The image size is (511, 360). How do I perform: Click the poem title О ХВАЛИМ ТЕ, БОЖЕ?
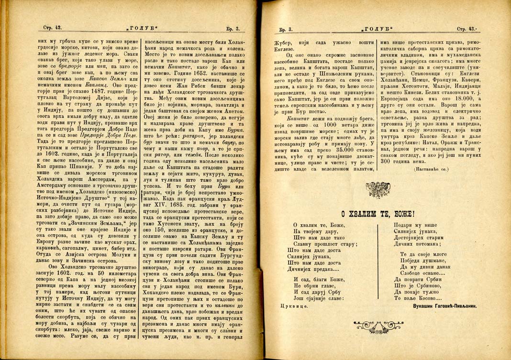[x=378, y=214]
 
